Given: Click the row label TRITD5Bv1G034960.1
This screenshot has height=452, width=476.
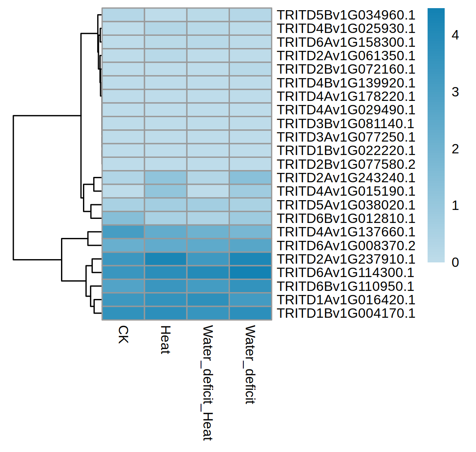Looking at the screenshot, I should tap(346, 15).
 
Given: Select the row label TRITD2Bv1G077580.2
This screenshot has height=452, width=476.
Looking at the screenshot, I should tap(346, 164).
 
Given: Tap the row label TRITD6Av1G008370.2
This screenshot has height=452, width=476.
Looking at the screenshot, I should tap(346, 246).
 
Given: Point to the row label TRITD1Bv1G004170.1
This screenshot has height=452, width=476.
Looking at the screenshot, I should tap(346, 313).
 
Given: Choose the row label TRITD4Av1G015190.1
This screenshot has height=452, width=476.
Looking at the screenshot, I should tap(346, 191).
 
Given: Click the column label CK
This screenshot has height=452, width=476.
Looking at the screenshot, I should tap(123, 334).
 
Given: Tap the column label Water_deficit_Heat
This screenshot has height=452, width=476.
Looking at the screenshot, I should tap(208, 383).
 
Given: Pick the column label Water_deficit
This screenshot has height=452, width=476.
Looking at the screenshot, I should tap(250, 365).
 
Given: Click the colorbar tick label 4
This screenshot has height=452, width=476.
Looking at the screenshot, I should tap(455, 35).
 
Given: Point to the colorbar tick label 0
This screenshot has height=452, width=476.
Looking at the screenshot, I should tap(455, 262).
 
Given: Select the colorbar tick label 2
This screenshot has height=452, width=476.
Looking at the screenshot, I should tap(455, 149).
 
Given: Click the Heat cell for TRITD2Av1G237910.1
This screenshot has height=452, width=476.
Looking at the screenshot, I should tap(166, 259).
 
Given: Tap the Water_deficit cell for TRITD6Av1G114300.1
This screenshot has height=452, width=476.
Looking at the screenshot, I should tap(250, 273).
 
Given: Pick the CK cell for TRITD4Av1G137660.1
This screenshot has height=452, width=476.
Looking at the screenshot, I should tap(123, 232).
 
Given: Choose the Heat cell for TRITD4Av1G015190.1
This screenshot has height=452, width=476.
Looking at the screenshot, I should tap(166, 191).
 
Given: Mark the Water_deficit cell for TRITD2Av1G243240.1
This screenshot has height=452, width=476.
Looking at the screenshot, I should tap(250, 178).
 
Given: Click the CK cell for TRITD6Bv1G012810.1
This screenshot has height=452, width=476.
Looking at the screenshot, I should tap(123, 218).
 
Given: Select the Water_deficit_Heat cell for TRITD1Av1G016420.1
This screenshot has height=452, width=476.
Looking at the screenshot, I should tap(208, 300).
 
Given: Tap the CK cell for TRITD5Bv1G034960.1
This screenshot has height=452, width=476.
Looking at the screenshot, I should tap(123, 15).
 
